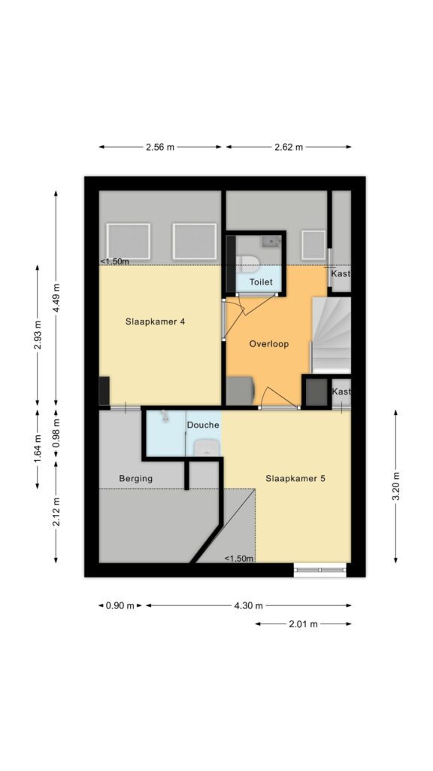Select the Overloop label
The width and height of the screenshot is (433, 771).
pos(268,343)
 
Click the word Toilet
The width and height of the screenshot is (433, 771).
pos(261,282)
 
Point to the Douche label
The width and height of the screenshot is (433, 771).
pos(202,425)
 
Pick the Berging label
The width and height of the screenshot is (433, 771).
pos(136,478)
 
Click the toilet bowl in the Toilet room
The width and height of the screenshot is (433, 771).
pos(247,264)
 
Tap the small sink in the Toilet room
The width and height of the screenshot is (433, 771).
pos(271,241)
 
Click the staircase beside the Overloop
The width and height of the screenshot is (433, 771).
pos(332,335)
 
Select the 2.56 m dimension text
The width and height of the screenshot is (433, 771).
pos(160,147)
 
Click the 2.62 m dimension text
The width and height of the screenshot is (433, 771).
pos(288,147)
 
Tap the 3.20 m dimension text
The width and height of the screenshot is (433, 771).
pos(395,486)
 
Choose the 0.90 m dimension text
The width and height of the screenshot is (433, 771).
pos(120,606)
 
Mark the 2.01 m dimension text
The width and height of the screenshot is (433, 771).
pos(304,624)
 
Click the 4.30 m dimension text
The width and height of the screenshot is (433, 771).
pos(248,606)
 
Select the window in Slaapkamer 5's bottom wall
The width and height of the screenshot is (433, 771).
pos(320,570)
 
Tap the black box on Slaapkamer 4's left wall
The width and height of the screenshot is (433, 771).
pos(104,391)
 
